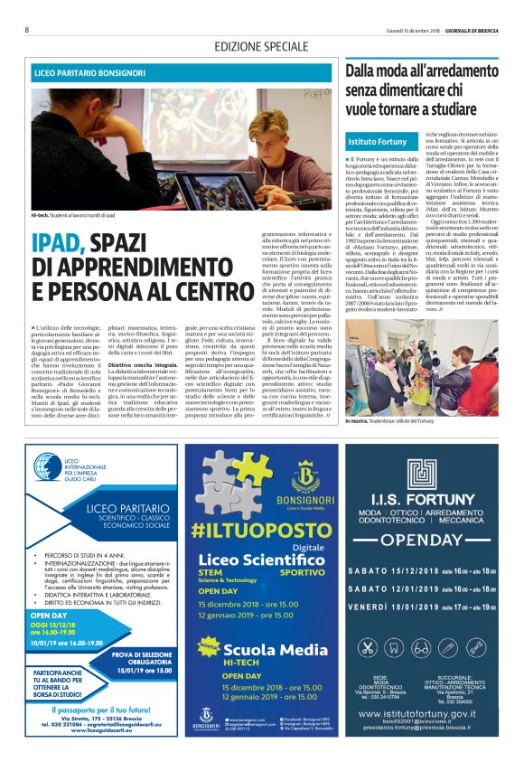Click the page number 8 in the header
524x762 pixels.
coord(26,29)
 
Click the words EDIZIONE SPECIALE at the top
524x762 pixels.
coord(261,46)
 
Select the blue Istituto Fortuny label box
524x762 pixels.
coord(377,142)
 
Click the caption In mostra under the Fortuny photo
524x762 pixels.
coord(359,422)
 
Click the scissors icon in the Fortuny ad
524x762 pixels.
coord(368,647)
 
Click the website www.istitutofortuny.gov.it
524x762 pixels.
coord(423,715)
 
